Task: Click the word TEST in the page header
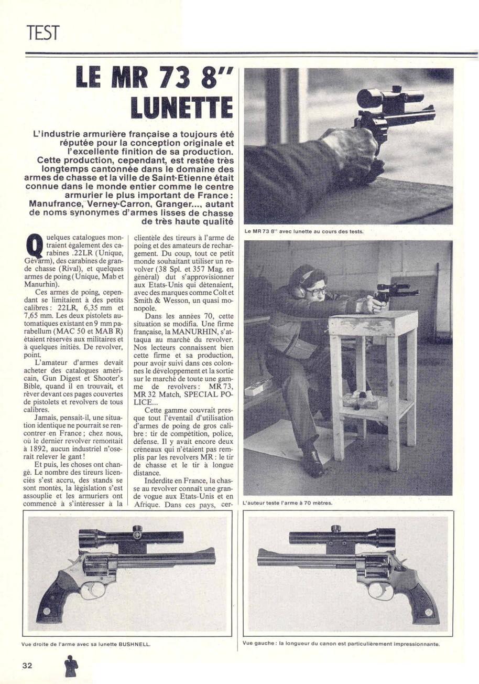tap(44, 34)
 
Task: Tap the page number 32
tap(28, 665)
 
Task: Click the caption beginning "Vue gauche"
tap(341, 643)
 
